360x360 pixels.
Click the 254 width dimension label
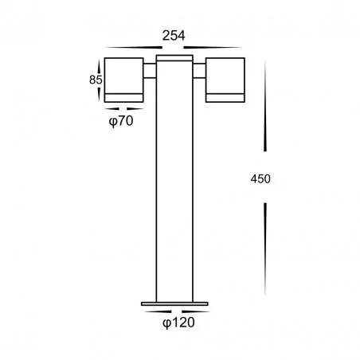tap(174, 35)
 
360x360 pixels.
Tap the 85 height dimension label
tap(96, 80)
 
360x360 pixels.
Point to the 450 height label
tap(260, 178)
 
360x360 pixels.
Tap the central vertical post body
tap(174, 183)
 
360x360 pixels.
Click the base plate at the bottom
tap(174, 303)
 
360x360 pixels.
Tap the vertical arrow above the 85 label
tap(102, 64)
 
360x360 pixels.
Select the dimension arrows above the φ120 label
tap(174, 310)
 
